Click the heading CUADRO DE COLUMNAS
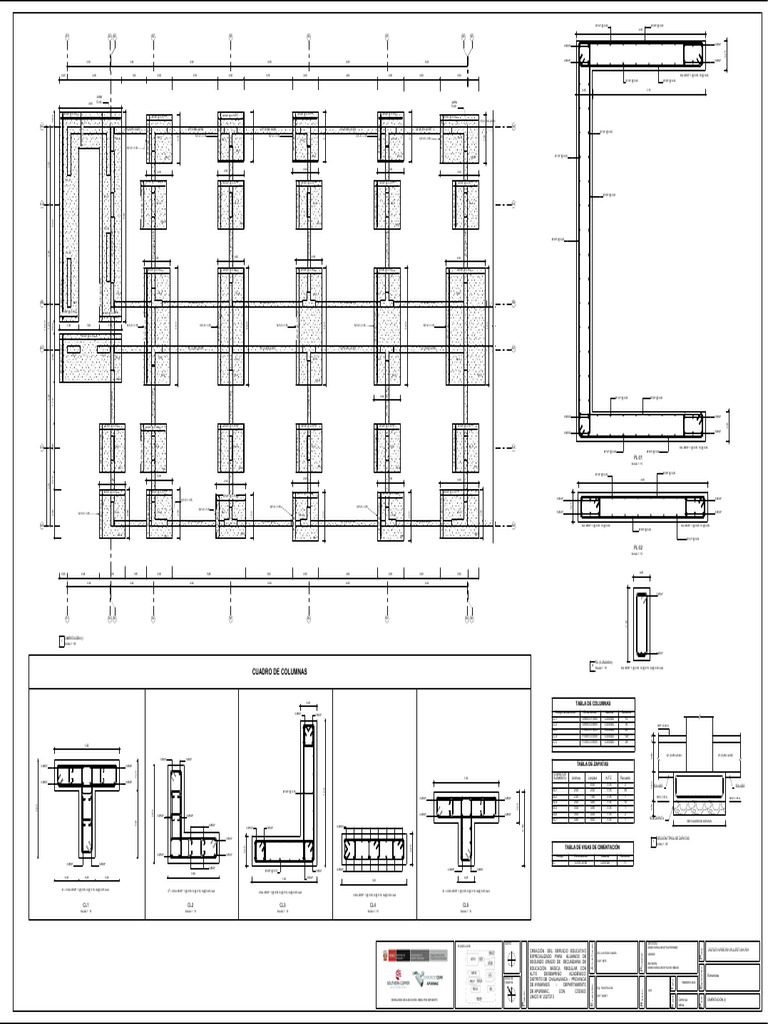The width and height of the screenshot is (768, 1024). [279, 672]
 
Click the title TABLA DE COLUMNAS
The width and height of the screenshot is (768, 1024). [593, 704]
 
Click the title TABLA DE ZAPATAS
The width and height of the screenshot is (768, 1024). [593, 763]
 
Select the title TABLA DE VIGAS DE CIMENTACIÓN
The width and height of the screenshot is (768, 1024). [593, 847]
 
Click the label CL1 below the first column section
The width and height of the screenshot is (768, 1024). [87, 905]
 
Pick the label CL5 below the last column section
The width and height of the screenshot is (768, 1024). [465, 905]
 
